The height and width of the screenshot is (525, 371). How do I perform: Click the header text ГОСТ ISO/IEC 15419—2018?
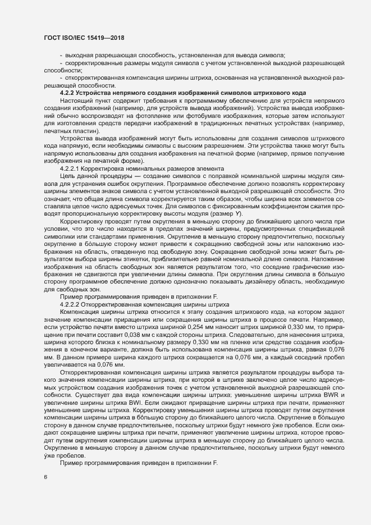pos(84,38)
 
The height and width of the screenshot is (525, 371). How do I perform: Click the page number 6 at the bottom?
pos(45,477)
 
